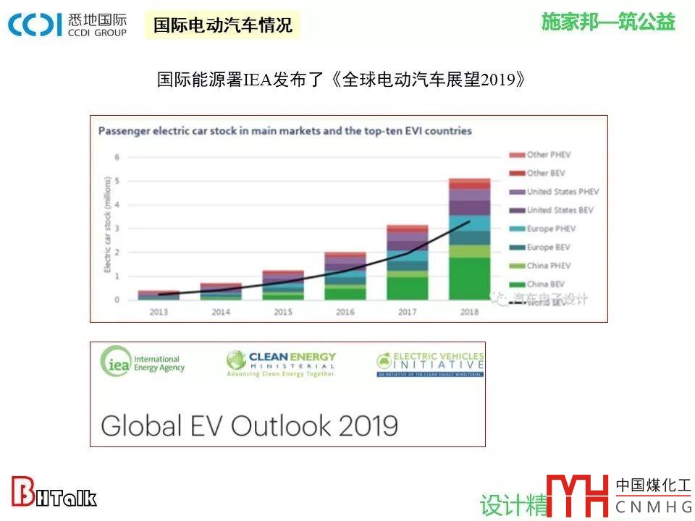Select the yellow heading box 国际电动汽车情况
pos(222,25)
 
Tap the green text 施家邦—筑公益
pos(607,22)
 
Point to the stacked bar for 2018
pos(469,239)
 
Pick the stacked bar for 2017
pos(407,262)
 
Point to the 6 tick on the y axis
pos(117,157)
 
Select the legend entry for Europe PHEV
pos(549,229)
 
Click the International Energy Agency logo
pos(142,362)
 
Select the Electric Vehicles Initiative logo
pos(430,364)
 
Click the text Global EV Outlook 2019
pos(249,425)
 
